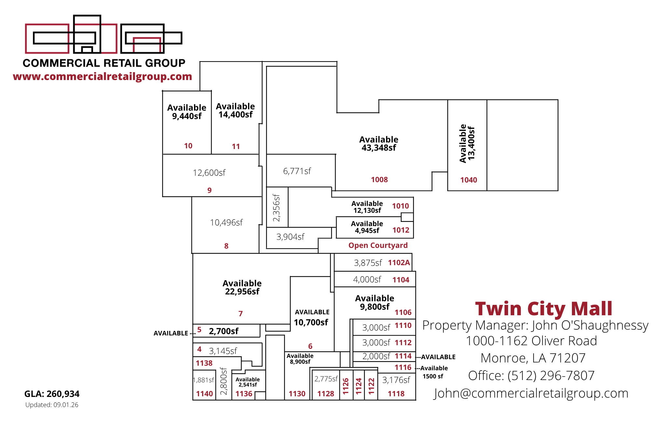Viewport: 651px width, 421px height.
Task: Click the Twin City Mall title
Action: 544,308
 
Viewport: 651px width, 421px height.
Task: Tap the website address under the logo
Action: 103,76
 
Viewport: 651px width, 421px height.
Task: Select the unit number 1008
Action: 380,180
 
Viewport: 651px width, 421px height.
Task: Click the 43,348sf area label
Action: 379,148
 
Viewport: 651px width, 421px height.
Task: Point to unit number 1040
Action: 469,180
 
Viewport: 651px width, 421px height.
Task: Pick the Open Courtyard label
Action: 378,245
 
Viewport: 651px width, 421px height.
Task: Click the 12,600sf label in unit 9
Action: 209,173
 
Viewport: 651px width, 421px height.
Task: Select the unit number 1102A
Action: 399,263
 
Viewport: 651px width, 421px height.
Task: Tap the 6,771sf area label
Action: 297,171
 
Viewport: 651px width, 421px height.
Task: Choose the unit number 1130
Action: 297,394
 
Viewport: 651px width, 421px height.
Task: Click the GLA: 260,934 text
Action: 52,394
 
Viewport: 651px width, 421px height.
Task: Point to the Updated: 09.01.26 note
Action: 52,405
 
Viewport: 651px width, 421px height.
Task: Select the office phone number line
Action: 531,375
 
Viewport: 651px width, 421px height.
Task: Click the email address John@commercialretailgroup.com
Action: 531,393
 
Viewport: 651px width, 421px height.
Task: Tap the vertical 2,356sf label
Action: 276,208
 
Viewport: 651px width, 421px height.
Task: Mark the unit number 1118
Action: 396,394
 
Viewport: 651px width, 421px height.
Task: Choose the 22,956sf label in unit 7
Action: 242,292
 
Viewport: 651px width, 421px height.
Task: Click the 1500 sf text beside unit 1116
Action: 433,376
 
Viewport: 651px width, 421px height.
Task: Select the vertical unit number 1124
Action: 359,386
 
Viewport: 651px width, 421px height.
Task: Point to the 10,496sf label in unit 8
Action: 226,223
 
